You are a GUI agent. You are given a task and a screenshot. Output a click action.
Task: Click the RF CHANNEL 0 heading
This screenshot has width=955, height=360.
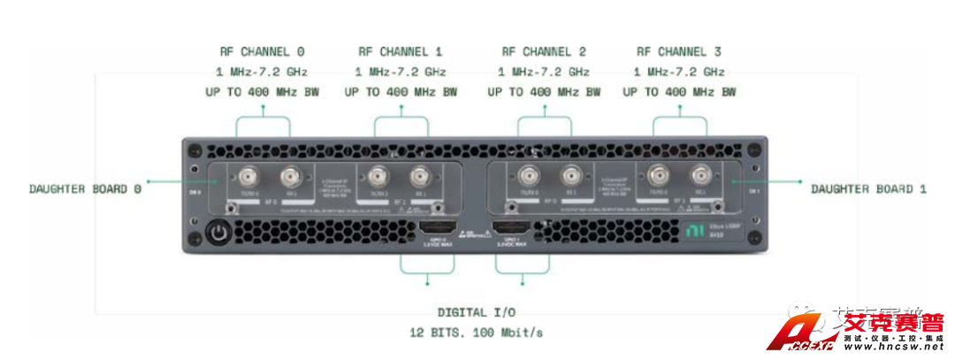click(264, 52)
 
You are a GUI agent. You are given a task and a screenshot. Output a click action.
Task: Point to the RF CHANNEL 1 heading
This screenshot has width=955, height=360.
click(401, 52)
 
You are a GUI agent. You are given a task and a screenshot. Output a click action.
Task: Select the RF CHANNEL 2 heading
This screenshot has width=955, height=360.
click(544, 52)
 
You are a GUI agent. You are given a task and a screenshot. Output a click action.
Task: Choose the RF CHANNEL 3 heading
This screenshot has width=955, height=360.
click(680, 52)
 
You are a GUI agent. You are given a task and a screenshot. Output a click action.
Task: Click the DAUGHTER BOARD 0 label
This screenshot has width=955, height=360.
click(85, 188)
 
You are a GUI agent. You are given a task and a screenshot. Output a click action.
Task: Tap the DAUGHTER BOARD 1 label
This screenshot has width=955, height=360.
click(869, 188)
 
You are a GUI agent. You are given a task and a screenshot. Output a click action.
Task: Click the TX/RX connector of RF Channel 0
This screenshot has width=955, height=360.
click(241, 175)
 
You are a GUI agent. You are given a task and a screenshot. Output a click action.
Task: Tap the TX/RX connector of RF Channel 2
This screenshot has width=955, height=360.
click(529, 175)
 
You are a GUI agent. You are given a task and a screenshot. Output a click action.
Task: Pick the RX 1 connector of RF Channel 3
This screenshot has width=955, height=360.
click(700, 175)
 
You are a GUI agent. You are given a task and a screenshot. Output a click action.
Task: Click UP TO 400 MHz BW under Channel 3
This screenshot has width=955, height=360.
click(680, 92)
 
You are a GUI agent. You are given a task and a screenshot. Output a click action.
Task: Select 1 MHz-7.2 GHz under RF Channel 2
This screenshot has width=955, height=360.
click(544, 72)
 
